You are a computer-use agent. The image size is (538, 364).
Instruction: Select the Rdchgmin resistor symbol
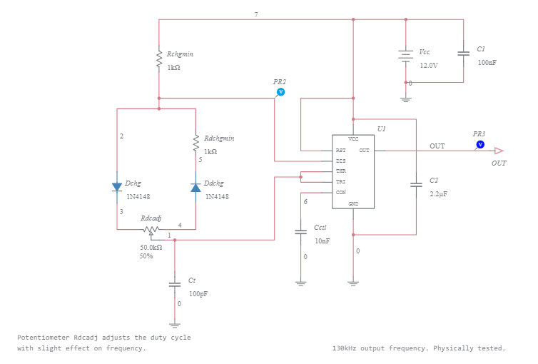point(195,143)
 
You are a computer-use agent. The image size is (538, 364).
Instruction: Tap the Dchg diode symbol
point(117,187)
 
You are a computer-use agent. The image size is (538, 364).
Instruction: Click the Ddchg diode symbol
point(195,187)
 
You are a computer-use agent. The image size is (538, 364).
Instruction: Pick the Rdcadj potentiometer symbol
point(151,230)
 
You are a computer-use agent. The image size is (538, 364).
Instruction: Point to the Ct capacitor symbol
point(174,284)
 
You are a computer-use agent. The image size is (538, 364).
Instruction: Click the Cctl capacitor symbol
point(300,232)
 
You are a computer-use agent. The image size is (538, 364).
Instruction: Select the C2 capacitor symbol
point(416,186)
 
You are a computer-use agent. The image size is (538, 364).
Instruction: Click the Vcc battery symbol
point(405,56)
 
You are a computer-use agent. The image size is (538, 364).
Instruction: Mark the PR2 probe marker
point(280,92)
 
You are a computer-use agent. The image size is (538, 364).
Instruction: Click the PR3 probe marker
point(479,144)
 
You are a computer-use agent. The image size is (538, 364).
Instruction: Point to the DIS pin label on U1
point(341,161)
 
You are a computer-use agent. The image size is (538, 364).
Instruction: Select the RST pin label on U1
point(341,151)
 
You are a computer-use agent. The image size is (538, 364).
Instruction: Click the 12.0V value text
point(428,65)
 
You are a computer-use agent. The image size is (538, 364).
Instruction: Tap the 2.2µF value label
point(439,193)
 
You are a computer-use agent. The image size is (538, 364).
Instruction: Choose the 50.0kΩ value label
point(151,247)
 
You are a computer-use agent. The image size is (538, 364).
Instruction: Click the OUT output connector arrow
point(499,151)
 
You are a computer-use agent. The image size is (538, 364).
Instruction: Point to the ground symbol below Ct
point(174,323)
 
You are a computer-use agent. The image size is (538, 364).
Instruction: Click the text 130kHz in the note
point(345,348)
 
